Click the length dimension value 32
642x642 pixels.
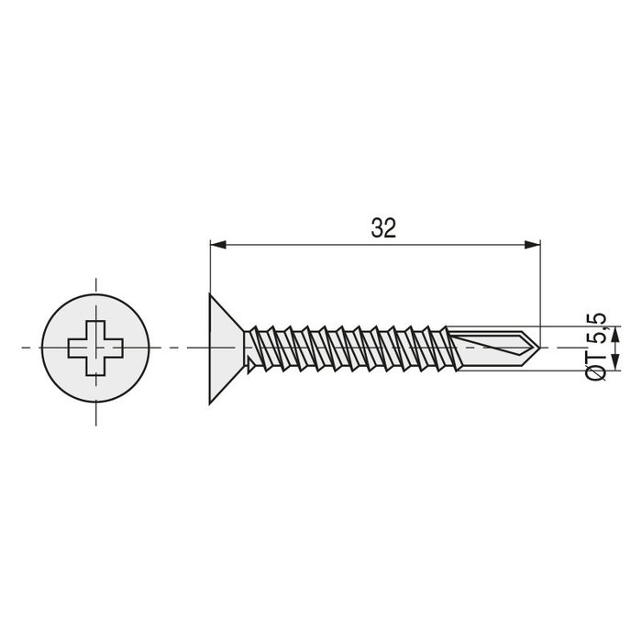(383, 229)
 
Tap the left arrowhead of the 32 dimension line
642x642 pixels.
(217, 244)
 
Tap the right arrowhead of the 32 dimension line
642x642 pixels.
(531, 244)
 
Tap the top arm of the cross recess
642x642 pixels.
(94, 329)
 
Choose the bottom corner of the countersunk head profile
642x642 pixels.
(211, 401)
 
